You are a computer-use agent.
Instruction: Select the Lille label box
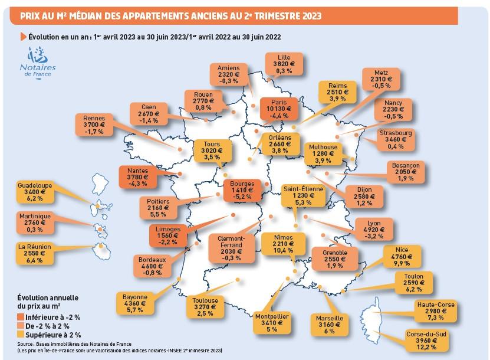pos(284,64)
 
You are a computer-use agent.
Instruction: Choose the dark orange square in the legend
pos(21,318)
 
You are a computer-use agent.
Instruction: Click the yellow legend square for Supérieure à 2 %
pos(21,334)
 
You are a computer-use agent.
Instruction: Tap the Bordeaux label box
pos(152,266)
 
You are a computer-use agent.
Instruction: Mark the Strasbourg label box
pos(396,140)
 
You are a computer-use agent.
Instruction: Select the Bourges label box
pos(243,191)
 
